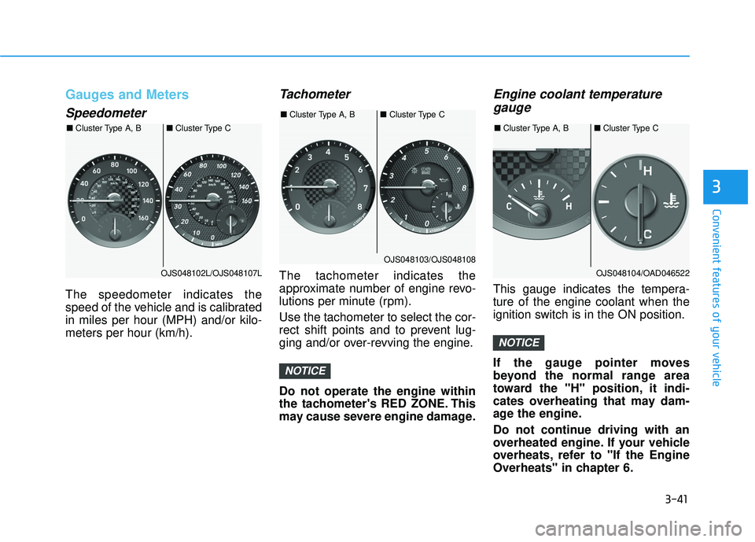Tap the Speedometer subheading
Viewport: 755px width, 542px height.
pos(105,112)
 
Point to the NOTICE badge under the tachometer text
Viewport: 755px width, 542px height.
pos(305,371)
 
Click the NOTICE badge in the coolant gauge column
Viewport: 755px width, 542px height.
pos(519,342)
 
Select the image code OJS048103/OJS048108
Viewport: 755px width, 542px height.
pos(429,259)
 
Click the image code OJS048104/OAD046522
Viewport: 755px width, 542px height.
pos(642,273)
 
